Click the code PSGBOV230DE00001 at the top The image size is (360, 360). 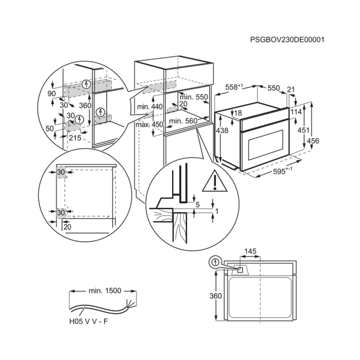click(x=287, y=40)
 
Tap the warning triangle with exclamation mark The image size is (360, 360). click(x=214, y=181)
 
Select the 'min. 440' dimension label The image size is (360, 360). click(x=149, y=107)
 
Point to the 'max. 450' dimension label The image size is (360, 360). click(x=149, y=124)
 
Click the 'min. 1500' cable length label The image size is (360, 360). click(x=105, y=291)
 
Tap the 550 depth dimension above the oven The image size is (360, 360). click(x=273, y=89)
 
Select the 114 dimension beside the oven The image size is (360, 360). click(x=295, y=113)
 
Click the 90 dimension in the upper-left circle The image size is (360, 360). click(x=51, y=93)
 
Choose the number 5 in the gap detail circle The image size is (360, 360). click(x=197, y=203)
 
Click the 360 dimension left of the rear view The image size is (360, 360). click(x=215, y=295)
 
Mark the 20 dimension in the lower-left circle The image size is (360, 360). click(x=67, y=227)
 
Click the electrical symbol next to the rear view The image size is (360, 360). click(x=215, y=262)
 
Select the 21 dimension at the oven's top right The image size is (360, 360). click(x=292, y=89)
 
